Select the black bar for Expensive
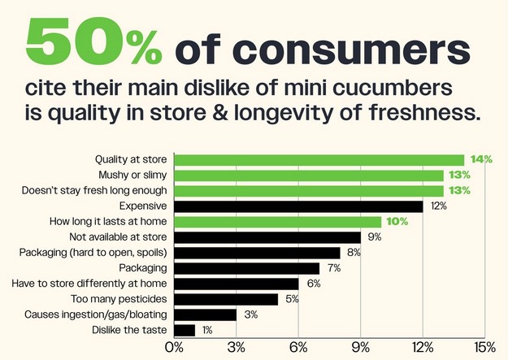click(298, 206)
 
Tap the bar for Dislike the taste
click(185, 329)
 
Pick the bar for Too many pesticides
click(226, 299)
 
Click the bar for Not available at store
click(267, 237)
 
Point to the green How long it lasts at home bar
click(277, 222)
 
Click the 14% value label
click(481, 159)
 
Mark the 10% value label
click(396, 222)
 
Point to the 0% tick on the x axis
click(174, 348)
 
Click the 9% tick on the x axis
click(360, 348)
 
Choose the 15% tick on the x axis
click(484, 348)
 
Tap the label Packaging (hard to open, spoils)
click(93, 253)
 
